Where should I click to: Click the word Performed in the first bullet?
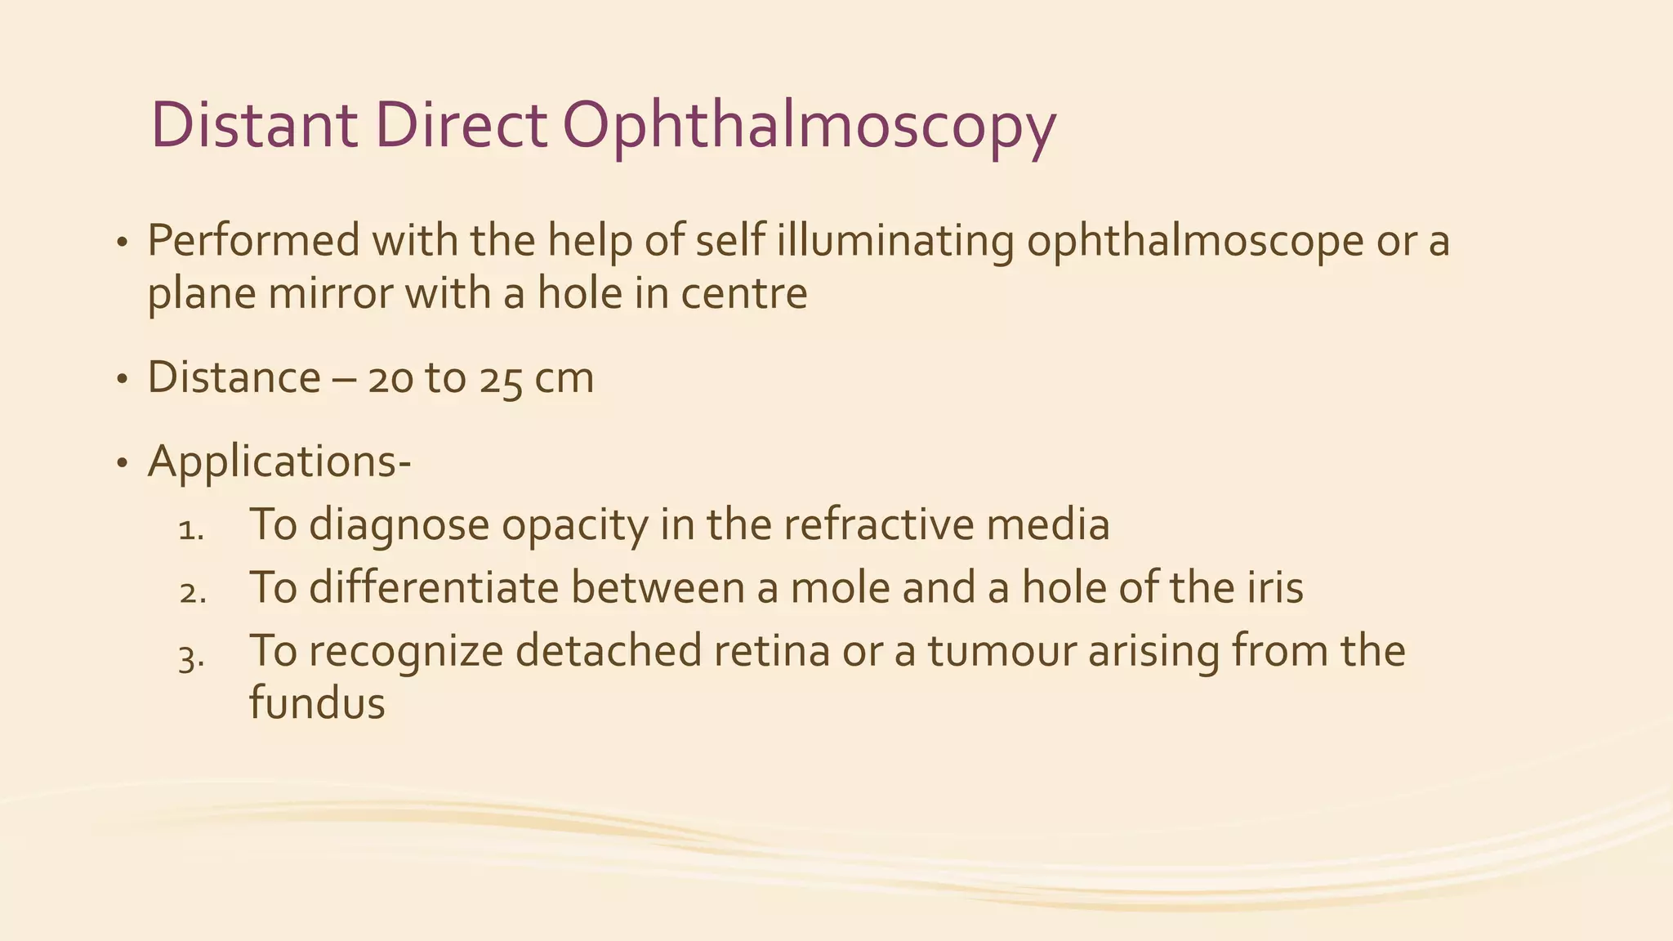tap(253, 242)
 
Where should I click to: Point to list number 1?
tap(190, 529)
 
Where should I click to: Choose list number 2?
tap(192, 592)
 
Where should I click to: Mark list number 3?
tap(192, 656)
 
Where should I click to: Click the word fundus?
tap(317, 703)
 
